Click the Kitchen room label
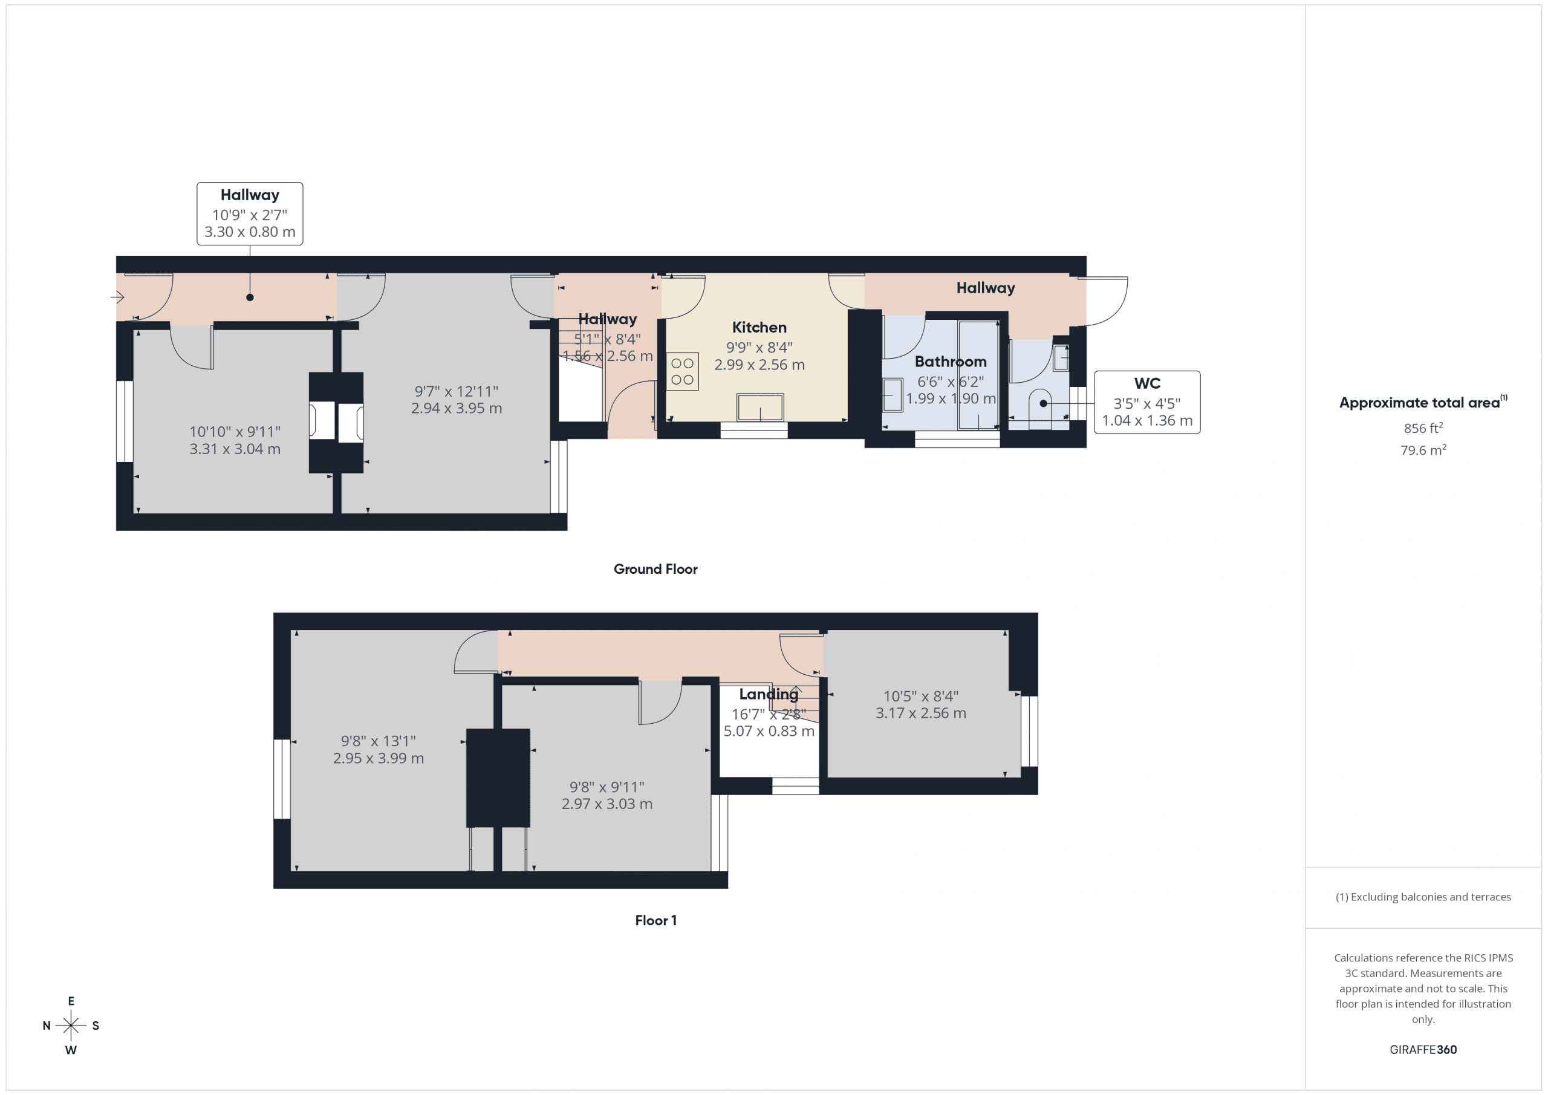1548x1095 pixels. (x=759, y=328)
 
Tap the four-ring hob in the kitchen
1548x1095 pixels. (x=682, y=371)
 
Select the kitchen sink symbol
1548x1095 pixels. (x=760, y=408)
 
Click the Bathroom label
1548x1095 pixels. (x=950, y=362)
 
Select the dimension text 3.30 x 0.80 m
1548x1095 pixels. (x=250, y=232)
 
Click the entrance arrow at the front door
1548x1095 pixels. (x=118, y=297)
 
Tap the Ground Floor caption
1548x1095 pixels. (x=655, y=569)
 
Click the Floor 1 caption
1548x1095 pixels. (x=655, y=920)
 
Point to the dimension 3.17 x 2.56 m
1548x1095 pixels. (x=920, y=713)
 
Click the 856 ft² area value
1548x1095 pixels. (x=1423, y=428)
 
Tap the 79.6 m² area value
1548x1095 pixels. (x=1423, y=450)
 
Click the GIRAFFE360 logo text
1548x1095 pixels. (x=1423, y=1050)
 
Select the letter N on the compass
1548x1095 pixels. (x=47, y=1025)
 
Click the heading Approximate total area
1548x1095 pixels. (x=1419, y=403)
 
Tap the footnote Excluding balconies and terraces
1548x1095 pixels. (x=1423, y=897)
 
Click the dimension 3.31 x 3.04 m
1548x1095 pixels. (x=235, y=449)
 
